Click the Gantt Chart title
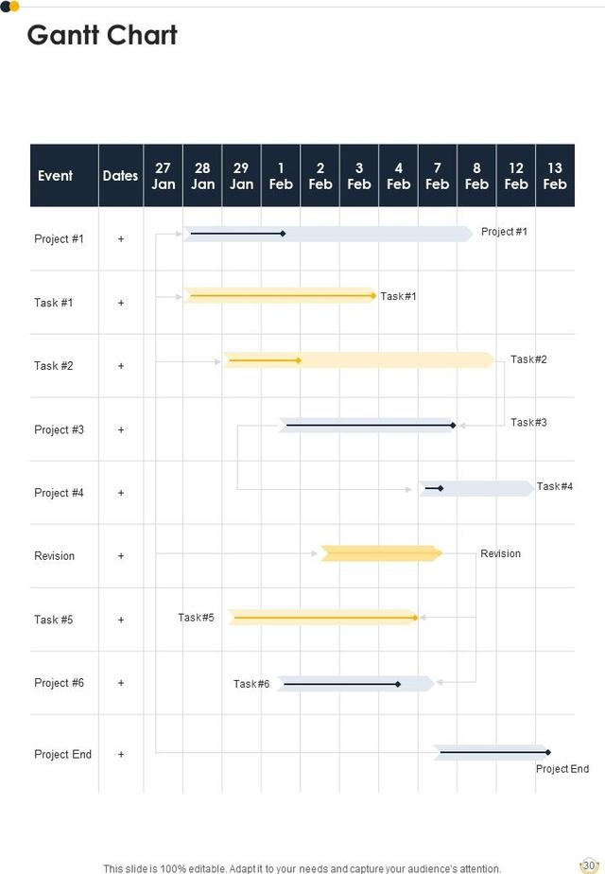[x=102, y=35]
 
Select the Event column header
[x=55, y=175]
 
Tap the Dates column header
[x=120, y=175]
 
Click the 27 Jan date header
[x=164, y=176]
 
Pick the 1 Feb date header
[x=281, y=176]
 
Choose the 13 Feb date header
[x=555, y=176]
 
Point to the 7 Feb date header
[x=437, y=176]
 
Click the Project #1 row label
[x=59, y=239]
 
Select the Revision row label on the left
[x=54, y=556]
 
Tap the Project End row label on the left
[x=62, y=754]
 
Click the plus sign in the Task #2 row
[x=121, y=366]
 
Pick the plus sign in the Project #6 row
[x=121, y=683]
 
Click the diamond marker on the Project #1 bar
[x=283, y=233]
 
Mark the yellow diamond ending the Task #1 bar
[x=374, y=296]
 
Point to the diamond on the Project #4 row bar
[x=441, y=488]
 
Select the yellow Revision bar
[x=381, y=553]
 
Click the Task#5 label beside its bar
[x=196, y=618]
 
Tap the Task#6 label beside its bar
[x=251, y=684]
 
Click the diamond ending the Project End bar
[x=547, y=752]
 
